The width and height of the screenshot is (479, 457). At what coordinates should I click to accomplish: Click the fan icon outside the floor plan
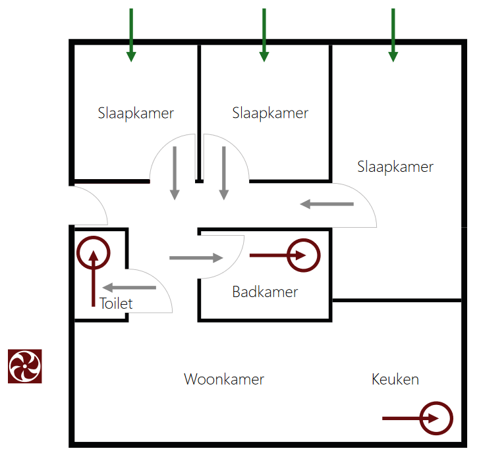(25, 366)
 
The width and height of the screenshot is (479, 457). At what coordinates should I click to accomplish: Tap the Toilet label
(116, 304)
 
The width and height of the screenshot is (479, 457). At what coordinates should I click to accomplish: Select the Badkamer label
(265, 292)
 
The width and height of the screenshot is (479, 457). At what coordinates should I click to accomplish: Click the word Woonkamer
(224, 379)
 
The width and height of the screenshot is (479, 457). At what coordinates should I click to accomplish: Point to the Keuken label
(395, 379)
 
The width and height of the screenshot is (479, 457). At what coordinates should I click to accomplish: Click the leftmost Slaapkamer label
(136, 113)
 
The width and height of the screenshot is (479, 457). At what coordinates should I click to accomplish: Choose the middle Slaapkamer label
(270, 113)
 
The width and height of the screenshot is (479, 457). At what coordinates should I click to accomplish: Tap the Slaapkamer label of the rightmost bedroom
(395, 167)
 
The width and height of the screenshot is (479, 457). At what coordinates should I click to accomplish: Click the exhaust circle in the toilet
(93, 253)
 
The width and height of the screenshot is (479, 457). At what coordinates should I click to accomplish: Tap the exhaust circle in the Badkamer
(303, 255)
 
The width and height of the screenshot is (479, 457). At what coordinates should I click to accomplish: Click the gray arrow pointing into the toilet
(129, 288)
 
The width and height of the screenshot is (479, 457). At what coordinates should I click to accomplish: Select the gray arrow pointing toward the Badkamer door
(196, 257)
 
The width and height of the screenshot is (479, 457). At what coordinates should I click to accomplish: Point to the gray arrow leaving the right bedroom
(327, 204)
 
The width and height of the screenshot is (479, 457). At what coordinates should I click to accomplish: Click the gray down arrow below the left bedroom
(175, 173)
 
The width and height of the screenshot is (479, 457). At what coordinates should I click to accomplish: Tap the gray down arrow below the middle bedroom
(224, 173)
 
